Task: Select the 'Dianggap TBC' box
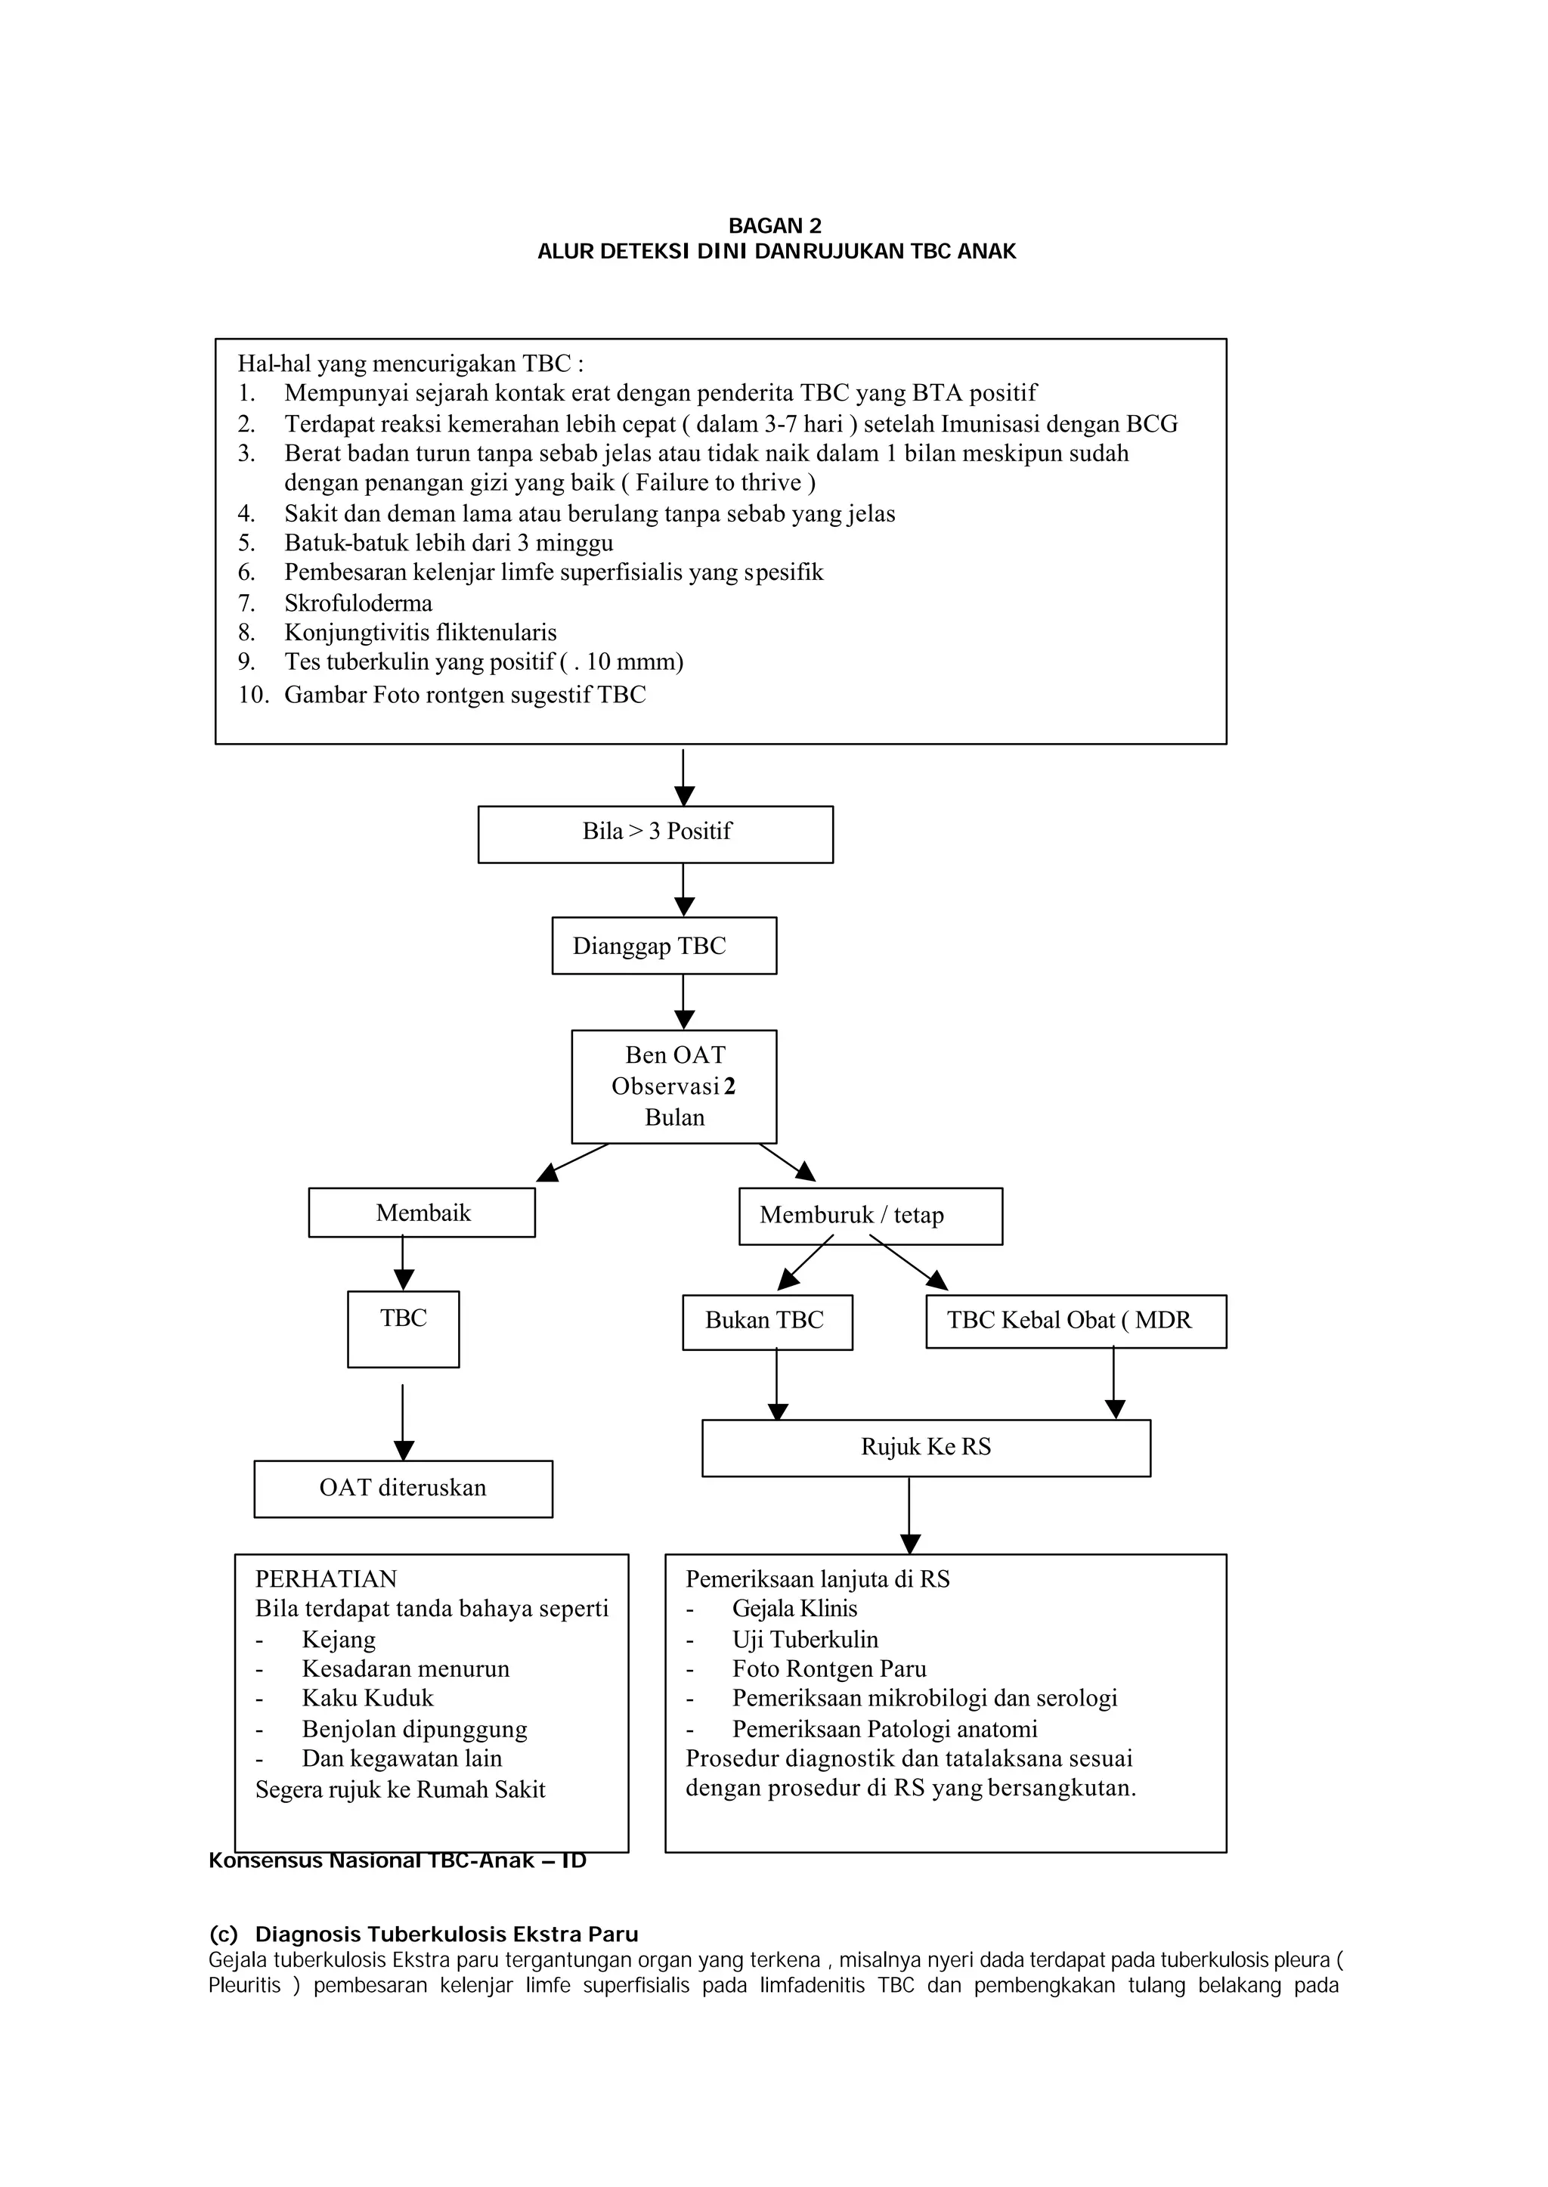coord(664,946)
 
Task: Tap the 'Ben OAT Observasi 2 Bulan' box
coord(674,1087)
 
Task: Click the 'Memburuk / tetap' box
coord(870,1216)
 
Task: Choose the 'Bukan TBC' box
coord(767,1322)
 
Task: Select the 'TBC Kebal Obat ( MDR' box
coord(1076,1321)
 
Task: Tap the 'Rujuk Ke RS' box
coord(927,1448)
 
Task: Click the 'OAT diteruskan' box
coord(403,1489)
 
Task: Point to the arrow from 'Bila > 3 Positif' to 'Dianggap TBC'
coord(683,891)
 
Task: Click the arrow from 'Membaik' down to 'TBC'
coord(402,1264)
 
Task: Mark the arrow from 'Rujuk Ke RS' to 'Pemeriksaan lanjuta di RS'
coord(909,1516)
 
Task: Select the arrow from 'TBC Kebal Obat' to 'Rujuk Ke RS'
coord(1114,1383)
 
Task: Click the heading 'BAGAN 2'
coord(775,226)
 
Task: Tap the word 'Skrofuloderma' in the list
coord(358,603)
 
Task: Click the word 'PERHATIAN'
coord(326,1580)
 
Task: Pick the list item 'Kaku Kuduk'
coord(368,1699)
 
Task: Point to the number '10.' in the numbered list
coord(253,695)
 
